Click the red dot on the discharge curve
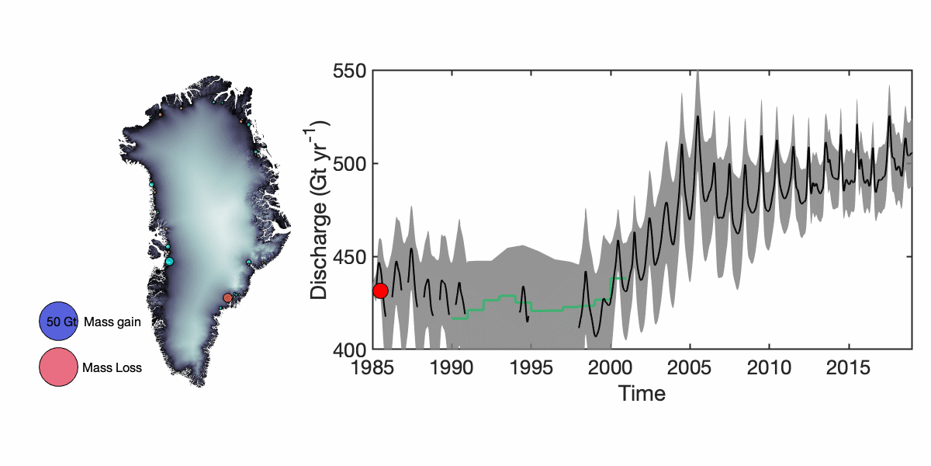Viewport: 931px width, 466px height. tap(380, 290)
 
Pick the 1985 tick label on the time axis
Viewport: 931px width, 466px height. tap(374, 367)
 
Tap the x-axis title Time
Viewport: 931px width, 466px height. tap(642, 393)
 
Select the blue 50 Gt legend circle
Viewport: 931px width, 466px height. tap(59, 322)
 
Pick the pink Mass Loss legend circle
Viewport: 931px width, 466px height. tap(59, 367)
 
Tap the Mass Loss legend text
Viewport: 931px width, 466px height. tap(112, 368)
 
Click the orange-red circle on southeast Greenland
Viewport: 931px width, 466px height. tap(227, 297)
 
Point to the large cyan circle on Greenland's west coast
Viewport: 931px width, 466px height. tap(169, 262)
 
